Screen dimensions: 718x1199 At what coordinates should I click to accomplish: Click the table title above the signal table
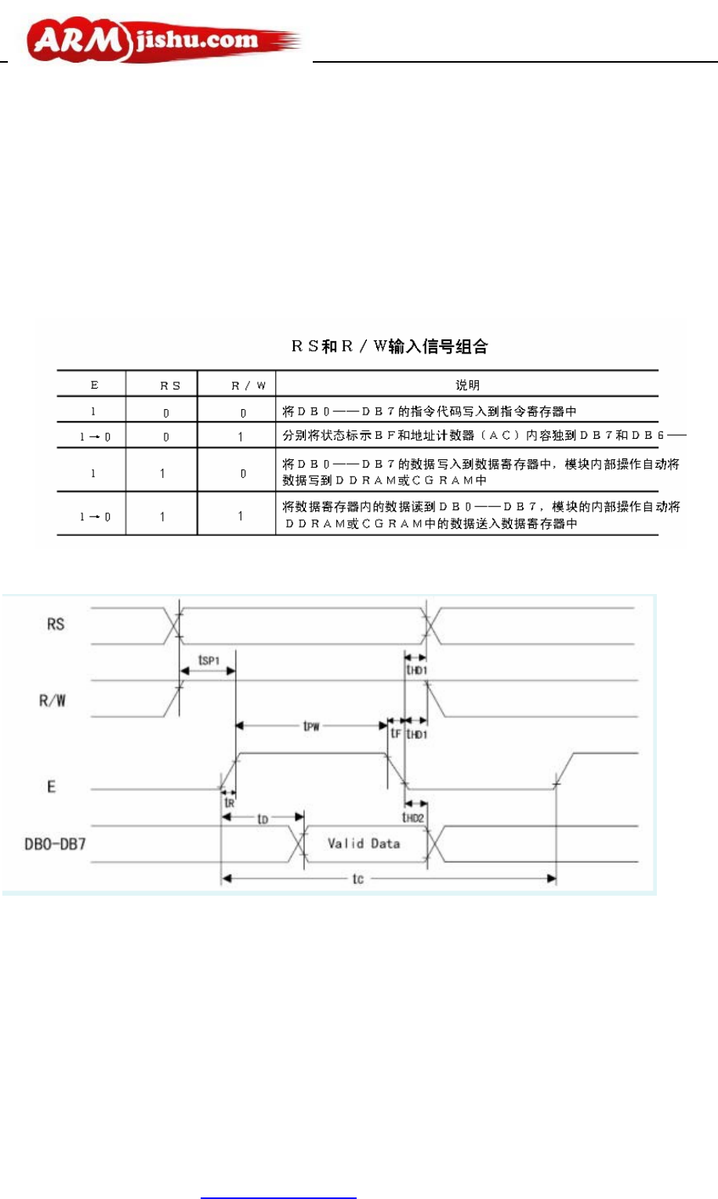390,346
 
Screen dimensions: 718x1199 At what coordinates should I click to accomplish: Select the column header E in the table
95,385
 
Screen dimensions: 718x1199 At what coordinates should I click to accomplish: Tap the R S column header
170,386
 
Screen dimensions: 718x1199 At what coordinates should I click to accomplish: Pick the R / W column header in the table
248,386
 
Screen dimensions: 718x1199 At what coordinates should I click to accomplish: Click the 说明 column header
467,385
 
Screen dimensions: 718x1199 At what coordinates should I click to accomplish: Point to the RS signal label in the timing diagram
56,625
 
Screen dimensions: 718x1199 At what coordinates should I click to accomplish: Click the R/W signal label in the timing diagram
53,701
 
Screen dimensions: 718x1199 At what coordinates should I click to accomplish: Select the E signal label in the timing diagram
52,786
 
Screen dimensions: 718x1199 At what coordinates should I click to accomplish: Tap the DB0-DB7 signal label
55,845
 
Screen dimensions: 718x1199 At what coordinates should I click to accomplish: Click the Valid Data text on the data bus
364,844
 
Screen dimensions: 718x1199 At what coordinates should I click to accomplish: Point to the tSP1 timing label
209,661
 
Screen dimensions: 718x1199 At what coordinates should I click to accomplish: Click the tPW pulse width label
311,726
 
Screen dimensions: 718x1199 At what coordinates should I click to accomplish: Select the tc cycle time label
357,878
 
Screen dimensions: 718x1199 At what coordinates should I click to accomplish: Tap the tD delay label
263,819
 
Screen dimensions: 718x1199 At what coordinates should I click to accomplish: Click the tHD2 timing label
413,817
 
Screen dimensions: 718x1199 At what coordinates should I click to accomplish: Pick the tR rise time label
229,803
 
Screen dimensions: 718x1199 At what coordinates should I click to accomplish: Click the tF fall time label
396,734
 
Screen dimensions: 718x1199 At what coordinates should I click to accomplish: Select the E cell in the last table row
95,516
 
